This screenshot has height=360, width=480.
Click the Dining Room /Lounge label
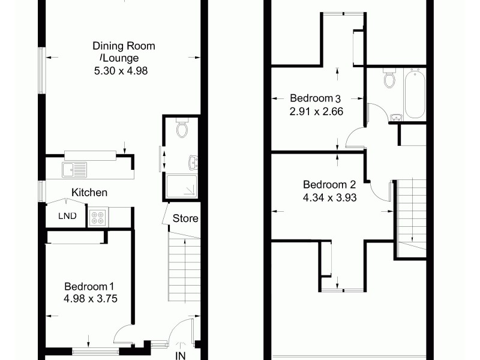coord(124,52)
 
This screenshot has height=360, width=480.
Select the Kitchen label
coord(89,193)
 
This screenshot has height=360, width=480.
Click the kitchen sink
coord(74,170)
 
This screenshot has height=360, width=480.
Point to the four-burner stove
coord(98,217)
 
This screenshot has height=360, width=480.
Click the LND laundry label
coord(67,216)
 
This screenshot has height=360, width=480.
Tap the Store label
coord(185,218)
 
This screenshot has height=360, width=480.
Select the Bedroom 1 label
coord(89,286)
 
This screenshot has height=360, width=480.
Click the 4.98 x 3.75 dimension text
coord(89,297)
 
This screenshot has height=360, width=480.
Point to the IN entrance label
coord(181,355)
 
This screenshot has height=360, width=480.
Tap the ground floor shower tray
coord(181,187)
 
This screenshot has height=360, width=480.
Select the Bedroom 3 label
coord(316,98)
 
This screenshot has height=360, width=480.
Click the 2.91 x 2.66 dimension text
coord(316,110)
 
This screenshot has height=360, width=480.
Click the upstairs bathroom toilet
coord(388,79)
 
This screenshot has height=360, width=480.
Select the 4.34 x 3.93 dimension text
coord(330,196)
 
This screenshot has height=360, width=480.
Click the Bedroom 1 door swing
coord(124,333)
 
